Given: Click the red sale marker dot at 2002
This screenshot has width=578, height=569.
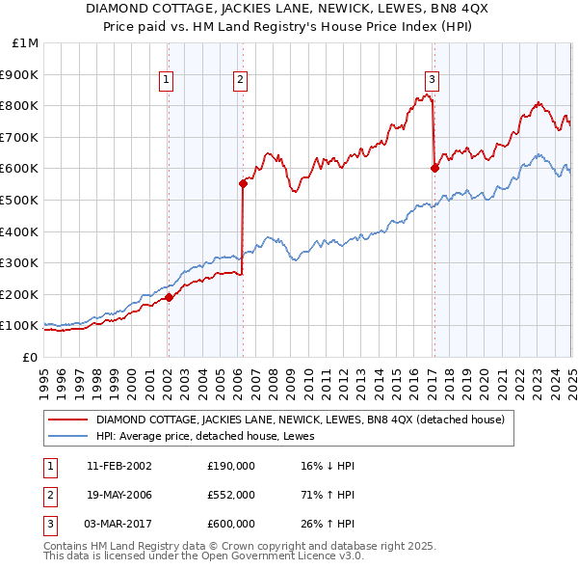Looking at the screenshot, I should (169, 297).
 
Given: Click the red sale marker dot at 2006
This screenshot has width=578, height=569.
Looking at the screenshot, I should (243, 183).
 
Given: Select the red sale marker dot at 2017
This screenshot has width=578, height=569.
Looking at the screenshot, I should (434, 168).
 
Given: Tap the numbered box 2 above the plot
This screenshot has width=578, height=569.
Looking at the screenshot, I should (239, 80).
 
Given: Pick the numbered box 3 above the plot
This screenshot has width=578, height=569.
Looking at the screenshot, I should (433, 80).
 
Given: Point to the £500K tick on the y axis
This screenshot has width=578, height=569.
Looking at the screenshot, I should (18, 200).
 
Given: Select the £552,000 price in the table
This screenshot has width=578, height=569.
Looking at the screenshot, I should (231, 495).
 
